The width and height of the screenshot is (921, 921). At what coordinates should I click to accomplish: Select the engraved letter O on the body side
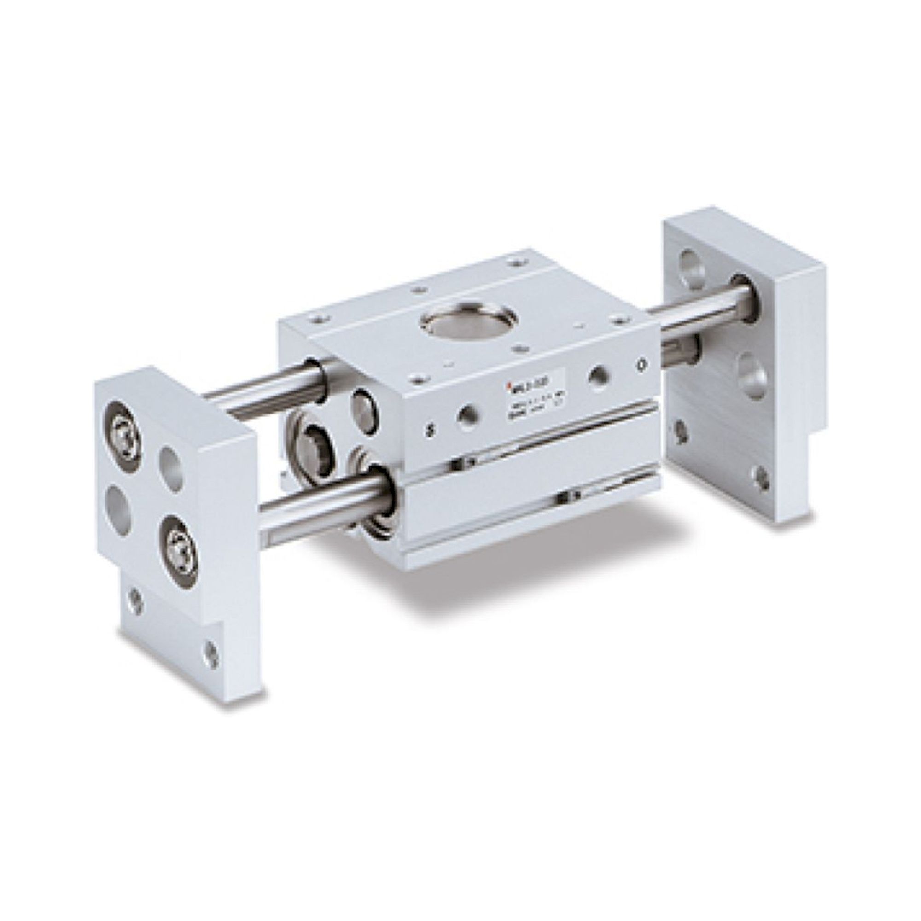(x=642, y=365)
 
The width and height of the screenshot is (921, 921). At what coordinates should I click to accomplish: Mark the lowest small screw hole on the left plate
(x=210, y=652)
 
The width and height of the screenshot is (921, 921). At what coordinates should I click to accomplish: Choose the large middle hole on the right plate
(x=753, y=374)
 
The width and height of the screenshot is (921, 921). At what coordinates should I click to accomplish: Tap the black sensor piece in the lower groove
(x=566, y=498)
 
